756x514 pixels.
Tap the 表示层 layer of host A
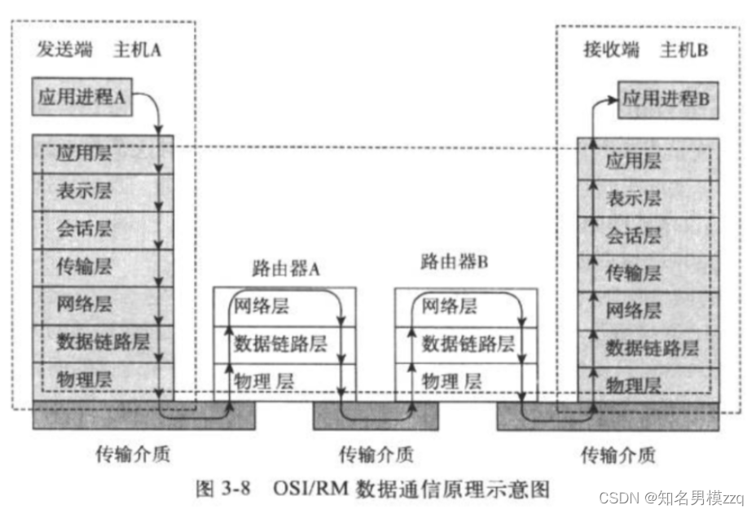tap(85, 191)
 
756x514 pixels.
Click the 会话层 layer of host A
tap(85, 229)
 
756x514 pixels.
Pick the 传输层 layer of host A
tap(85, 266)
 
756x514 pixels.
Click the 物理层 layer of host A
tap(85, 378)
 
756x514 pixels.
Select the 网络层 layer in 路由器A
tap(261, 307)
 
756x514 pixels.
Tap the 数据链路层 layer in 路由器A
tap(280, 344)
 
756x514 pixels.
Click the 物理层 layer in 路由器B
tap(451, 380)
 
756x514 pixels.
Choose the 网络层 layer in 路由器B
tap(449, 307)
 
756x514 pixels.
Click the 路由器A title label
tap(285, 270)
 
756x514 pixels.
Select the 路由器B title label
tap(454, 262)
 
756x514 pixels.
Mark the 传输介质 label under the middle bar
tap(376, 453)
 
